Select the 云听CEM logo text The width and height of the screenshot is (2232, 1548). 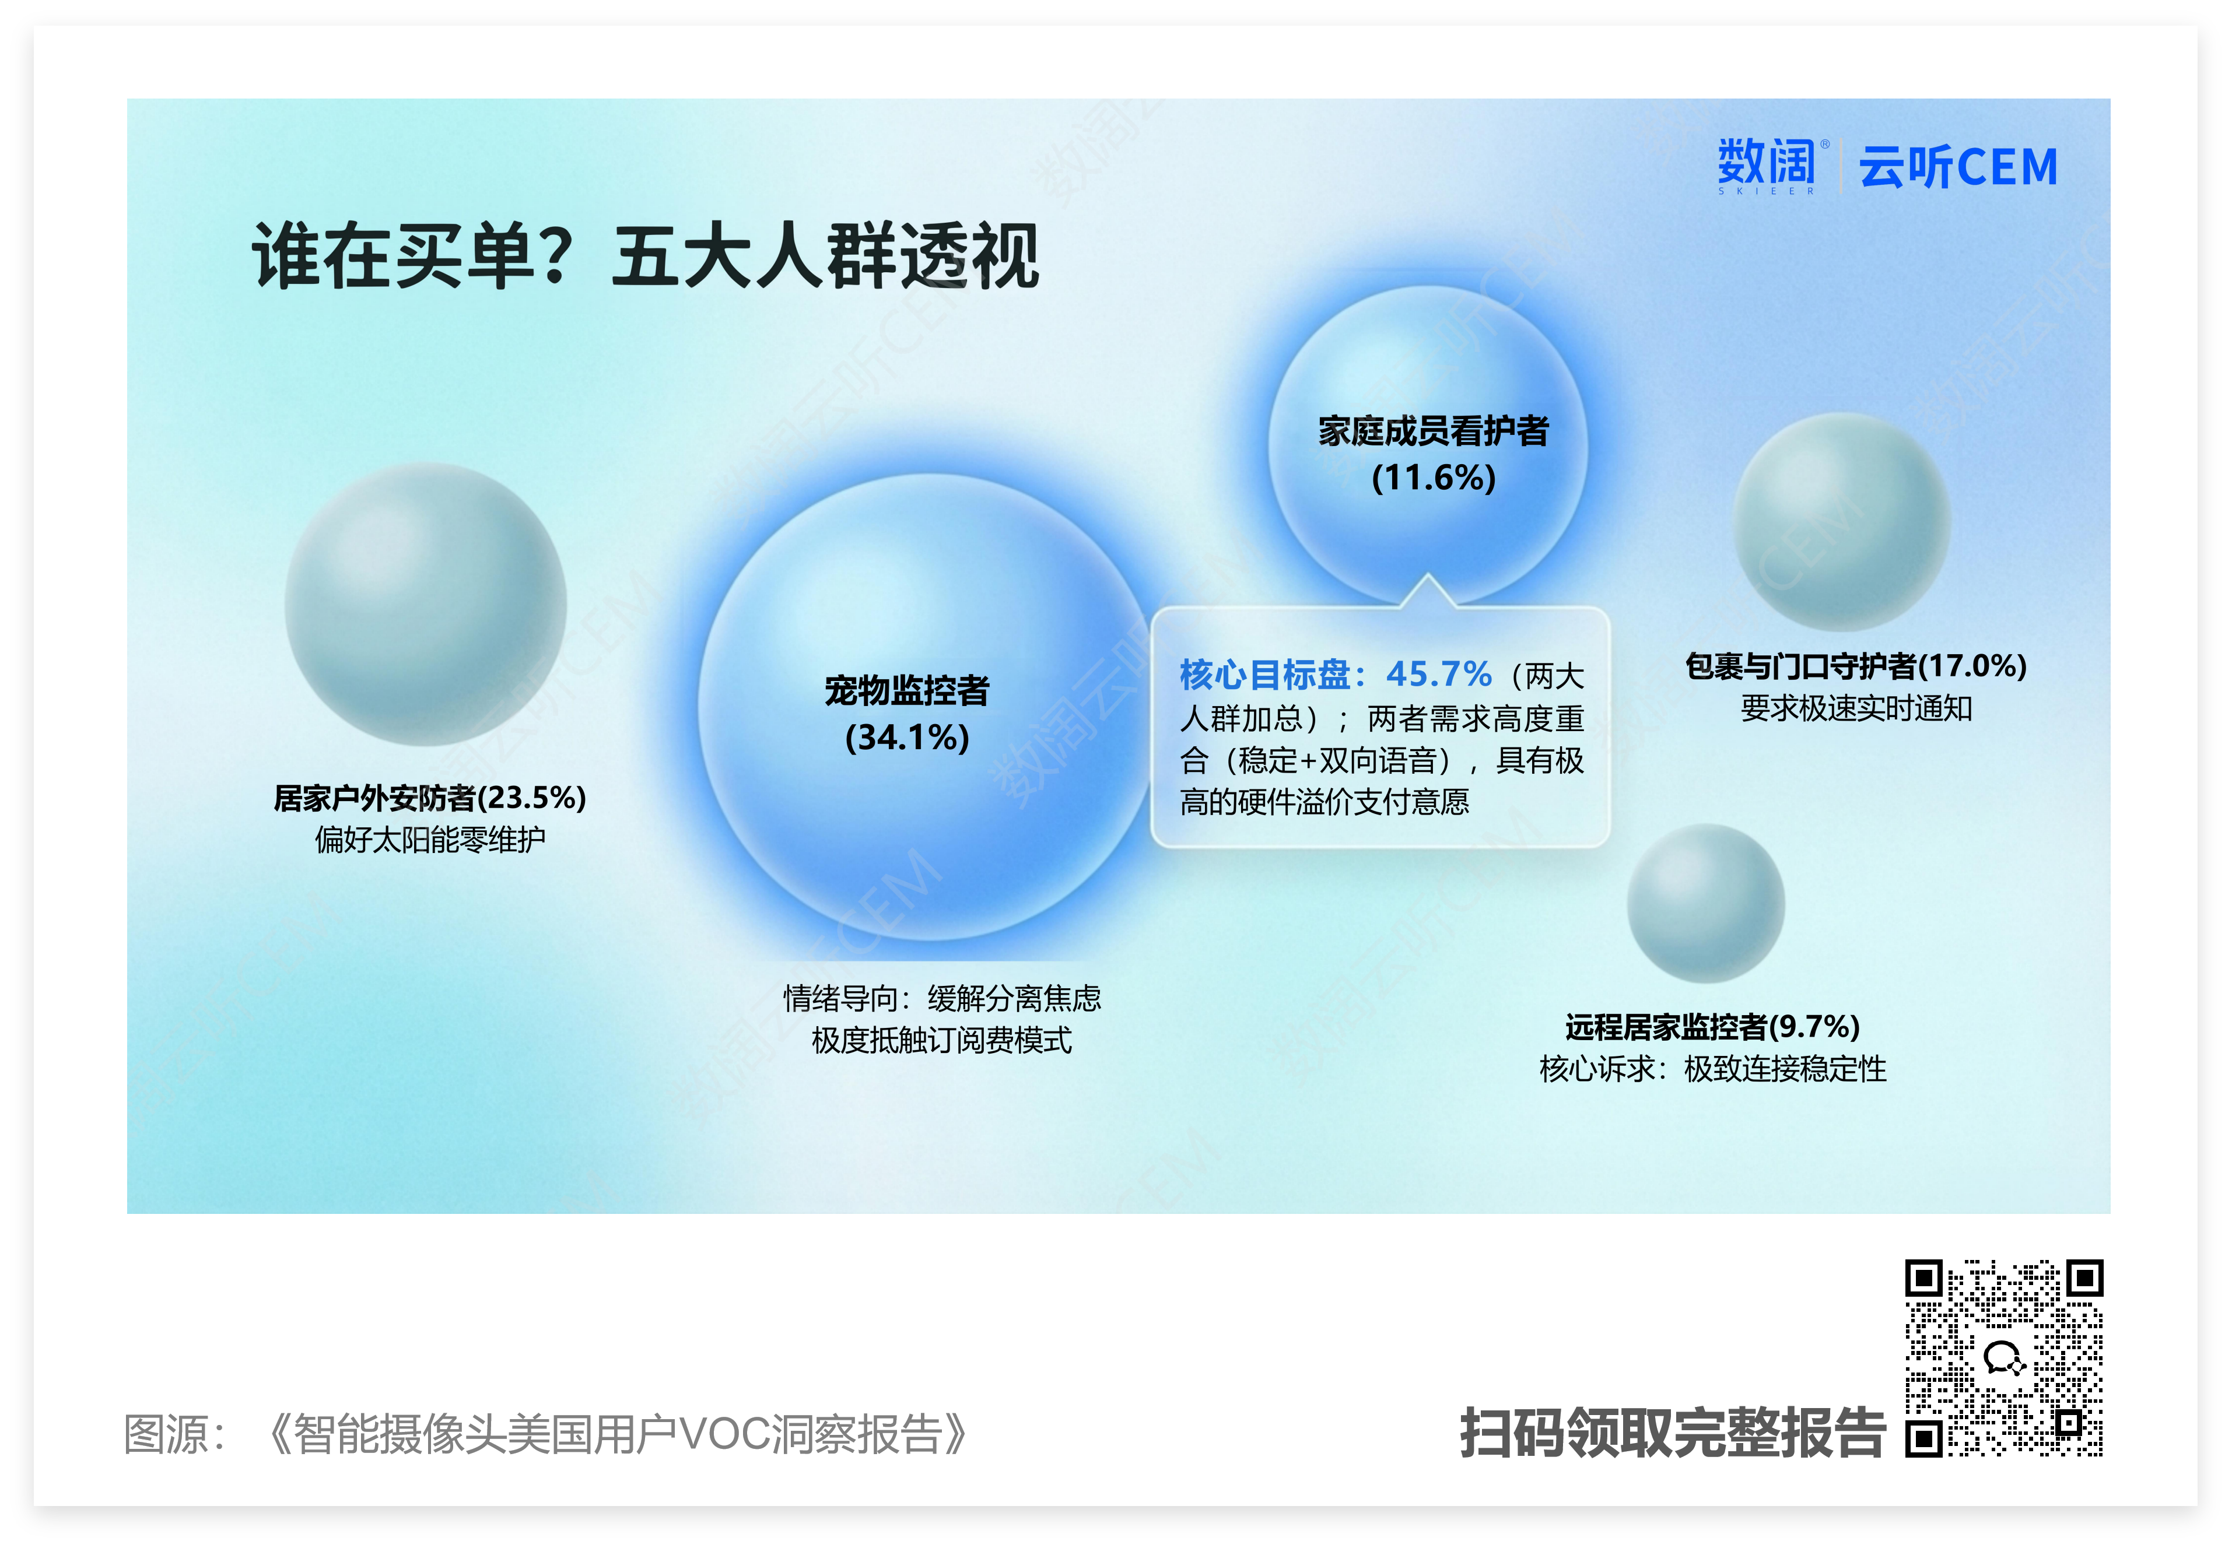click(1957, 167)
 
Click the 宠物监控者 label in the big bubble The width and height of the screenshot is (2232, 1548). click(907, 690)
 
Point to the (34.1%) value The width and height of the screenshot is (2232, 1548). click(907, 737)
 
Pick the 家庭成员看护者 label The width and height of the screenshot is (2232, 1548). click(1434, 431)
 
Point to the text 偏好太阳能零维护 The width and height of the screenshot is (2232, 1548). click(430, 839)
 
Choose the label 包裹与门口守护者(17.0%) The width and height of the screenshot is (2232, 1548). click(1856, 666)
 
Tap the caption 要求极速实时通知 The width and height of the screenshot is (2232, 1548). click(1856, 708)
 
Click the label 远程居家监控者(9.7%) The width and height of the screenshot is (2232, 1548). click(1712, 1026)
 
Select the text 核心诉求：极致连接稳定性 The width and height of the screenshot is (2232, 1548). click(1713, 1069)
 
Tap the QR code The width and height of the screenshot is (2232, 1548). click(2004, 1358)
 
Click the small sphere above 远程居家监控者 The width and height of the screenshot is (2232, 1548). click(1705, 903)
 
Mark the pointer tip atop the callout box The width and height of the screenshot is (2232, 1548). click(1427, 575)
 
